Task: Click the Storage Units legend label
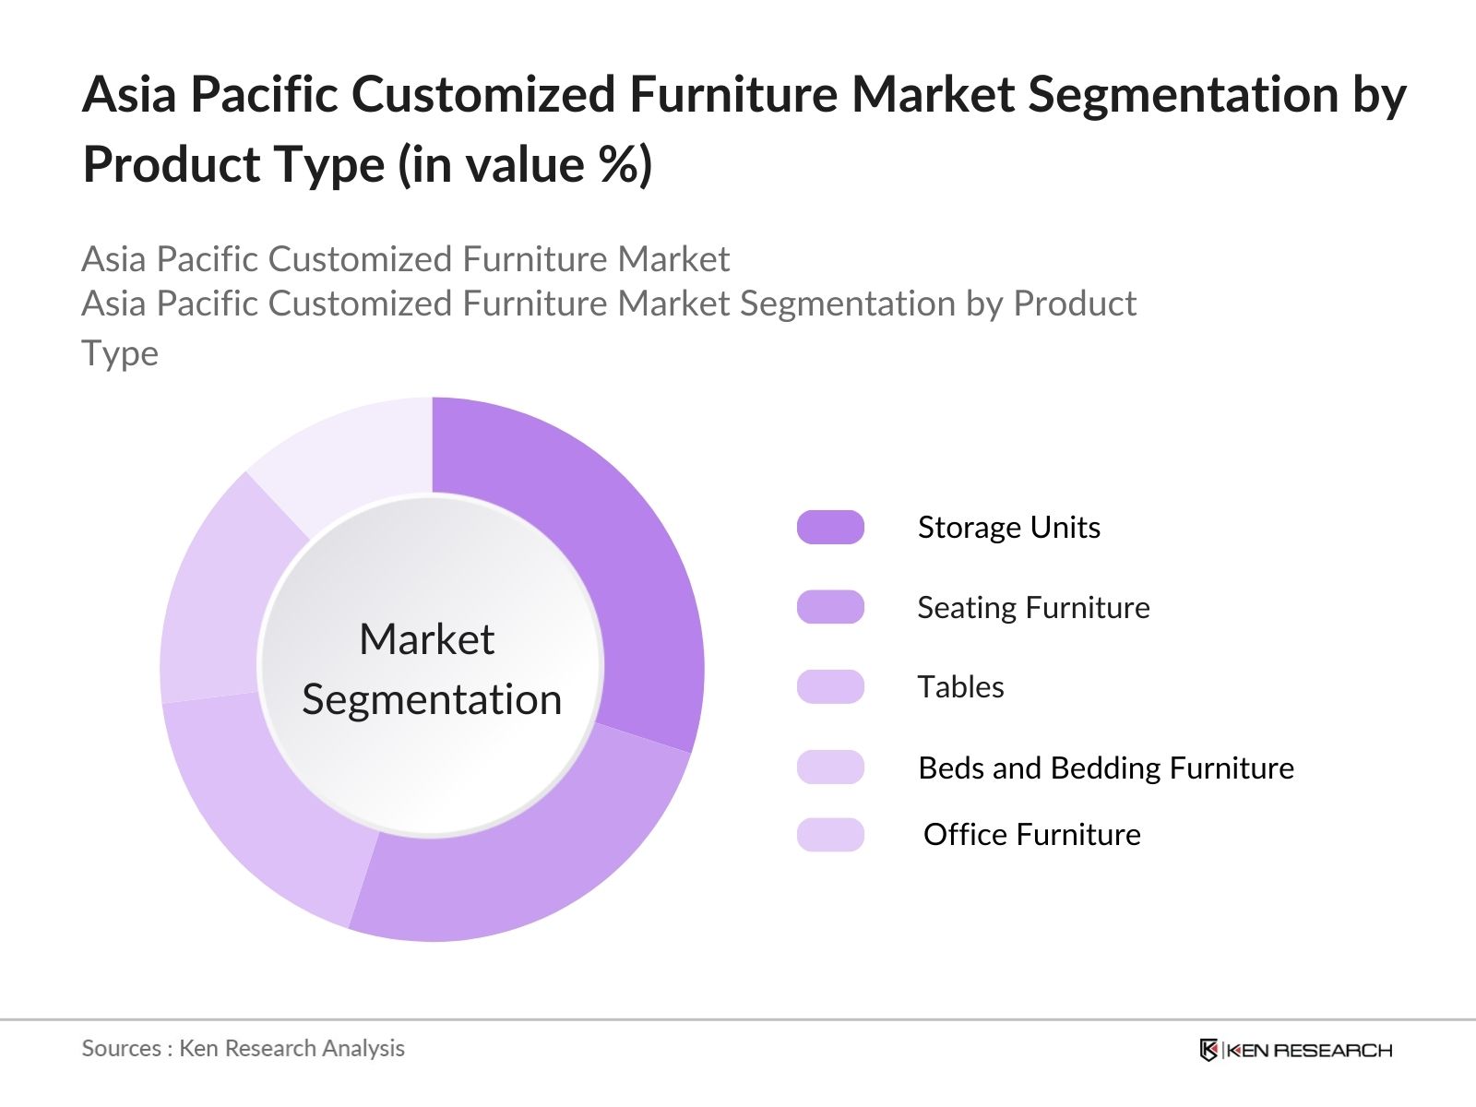1008,528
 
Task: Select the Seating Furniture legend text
1033,608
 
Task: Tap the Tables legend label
961,687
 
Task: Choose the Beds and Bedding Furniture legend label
1106,768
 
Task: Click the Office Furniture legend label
1032,835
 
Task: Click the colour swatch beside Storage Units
830,527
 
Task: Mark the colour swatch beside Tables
830,687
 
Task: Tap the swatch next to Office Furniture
830,835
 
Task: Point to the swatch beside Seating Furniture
830,607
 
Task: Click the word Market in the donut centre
427,638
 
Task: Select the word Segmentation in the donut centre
432,700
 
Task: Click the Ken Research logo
1296,1050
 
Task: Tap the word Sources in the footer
121,1049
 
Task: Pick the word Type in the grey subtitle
120,354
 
